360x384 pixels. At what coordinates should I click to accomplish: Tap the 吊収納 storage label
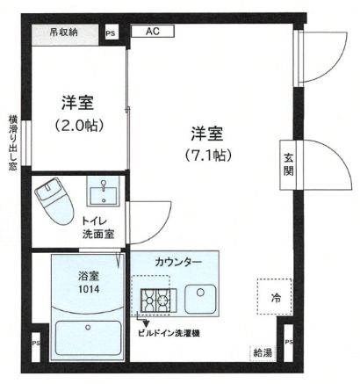pyautogui.click(x=63, y=33)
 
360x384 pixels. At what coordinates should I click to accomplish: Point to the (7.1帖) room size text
pyautogui.click(x=207, y=156)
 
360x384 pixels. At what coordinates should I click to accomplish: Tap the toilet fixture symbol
pyautogui.click(x=51, y=199)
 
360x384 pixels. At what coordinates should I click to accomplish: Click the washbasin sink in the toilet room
pyautogui.click(x=104, y=192)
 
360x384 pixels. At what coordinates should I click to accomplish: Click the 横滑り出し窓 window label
pyautogui.click(x=12, y=141)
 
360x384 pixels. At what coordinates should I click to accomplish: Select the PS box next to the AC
pyautogui.click(x=111, y=33)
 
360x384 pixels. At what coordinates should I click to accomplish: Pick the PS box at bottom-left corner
pyautogui.click(x=35, y=343)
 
